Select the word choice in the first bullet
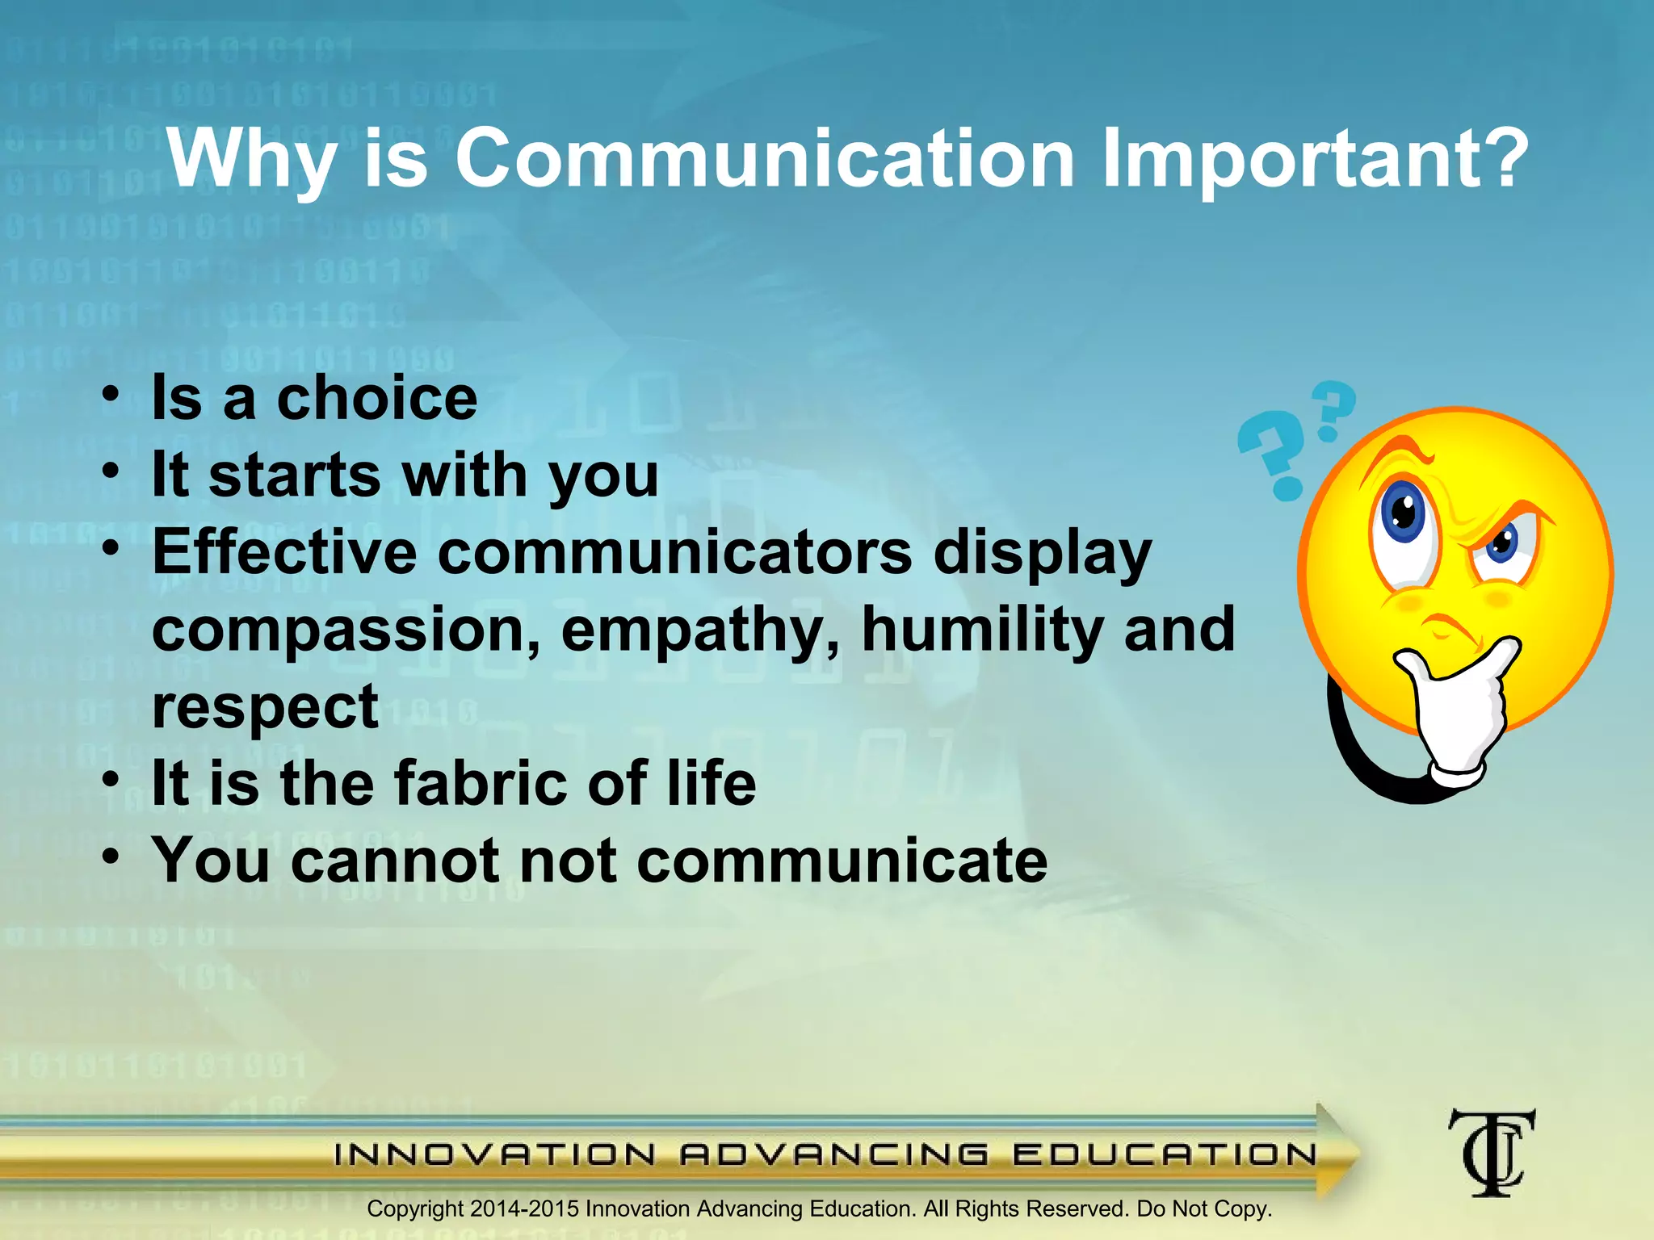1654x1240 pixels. [x=377, y=398]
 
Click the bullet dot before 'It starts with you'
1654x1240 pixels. [x=111, y=471]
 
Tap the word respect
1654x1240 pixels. [x=265, y=707]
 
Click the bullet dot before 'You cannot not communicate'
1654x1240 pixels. [x=111, y=856]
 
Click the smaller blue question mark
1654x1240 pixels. [x=1332, y=410]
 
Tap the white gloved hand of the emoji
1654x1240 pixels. [x=1462, y=710]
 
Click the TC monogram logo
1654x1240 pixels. [x=1491, y=1152]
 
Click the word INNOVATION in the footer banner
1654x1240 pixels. [x=494, y=1154]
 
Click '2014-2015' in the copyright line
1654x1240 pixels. [x=524, y=1209]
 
